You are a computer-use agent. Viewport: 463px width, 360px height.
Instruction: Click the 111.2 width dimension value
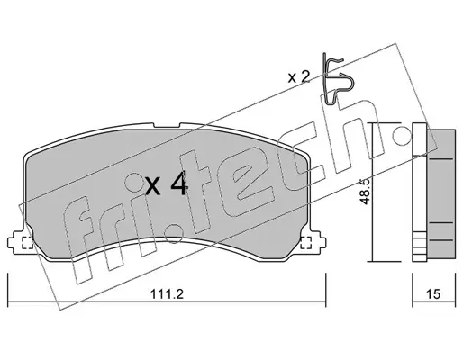pyautogui.click(x=167, y=294)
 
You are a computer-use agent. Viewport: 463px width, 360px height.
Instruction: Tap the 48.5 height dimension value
pyautogui.click(x=365, y=192)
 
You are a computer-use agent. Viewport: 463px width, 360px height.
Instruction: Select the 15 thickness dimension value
pyautogui.click(x=433, y=294)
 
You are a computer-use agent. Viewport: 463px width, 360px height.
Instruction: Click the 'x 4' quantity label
pyautogui.click(x=166, y=184)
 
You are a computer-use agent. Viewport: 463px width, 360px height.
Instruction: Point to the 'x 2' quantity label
pyautogui.click(x=298, y=77)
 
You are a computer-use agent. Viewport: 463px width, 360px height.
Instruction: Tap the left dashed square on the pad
pyautogui.click(x=28, y=243)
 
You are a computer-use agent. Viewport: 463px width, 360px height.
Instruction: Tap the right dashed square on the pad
pyautogui.click(x=305, y=243)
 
